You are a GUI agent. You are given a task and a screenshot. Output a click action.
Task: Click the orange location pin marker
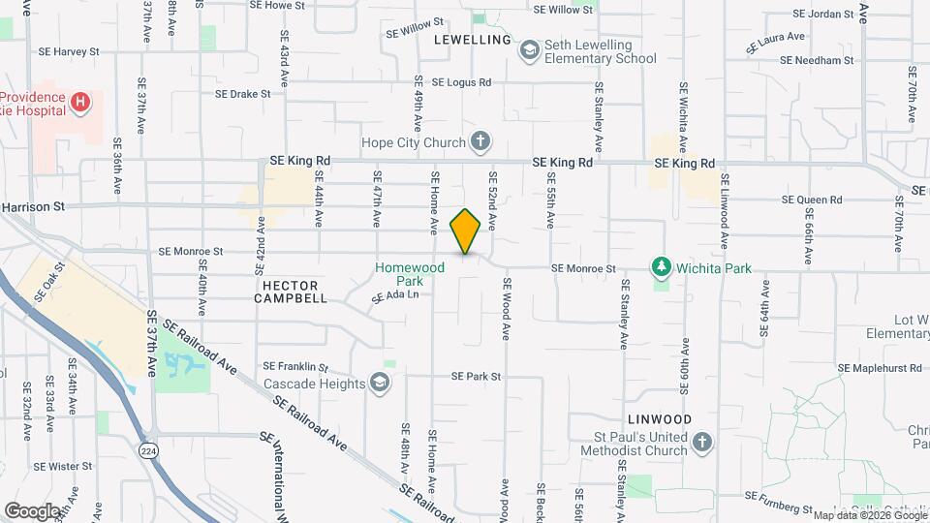[x=466, y=231]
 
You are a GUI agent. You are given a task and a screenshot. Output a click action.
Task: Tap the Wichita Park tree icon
[x=662, y=265]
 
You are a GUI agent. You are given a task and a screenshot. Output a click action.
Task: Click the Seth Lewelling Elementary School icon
[x=529, y=49]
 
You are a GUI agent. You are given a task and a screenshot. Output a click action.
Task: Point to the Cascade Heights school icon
[x=381, y=384]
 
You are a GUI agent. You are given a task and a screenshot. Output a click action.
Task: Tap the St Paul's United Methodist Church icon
[x=703, y=443]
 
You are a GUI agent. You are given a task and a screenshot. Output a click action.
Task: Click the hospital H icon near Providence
[x=81, y=101]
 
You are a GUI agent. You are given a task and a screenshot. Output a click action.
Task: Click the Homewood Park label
[x=411, y=274]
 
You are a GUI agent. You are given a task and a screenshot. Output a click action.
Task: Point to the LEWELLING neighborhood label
[x=472, y=40]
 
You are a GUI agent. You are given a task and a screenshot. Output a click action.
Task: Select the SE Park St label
[x=476, y=376]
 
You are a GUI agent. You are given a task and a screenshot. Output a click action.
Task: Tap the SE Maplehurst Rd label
[x=879, y=368]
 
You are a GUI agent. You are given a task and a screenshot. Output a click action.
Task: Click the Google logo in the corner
[x=32, y=509]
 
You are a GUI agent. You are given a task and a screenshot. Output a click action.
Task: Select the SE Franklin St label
[x=296, y=368]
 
